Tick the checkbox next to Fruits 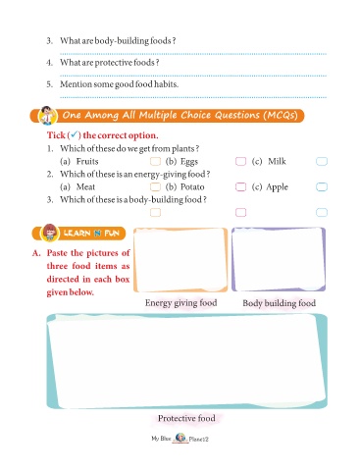point(155,161)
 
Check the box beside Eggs point(240,161)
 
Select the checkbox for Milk point(322,161)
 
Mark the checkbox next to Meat point(155,186)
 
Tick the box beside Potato point(240,186)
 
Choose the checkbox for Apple point(322,186)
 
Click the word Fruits point(87,161)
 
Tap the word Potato point(192,186)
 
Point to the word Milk point(277,161)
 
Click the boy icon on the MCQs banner point(48,115)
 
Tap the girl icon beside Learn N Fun point(50,233)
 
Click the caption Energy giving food point(181,303)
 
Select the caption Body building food point(280,303)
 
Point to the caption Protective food point(186,418)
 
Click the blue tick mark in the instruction point(75,134)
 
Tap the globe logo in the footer point(180,438)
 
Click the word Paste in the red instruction point(57,253)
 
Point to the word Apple point(278,187)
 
